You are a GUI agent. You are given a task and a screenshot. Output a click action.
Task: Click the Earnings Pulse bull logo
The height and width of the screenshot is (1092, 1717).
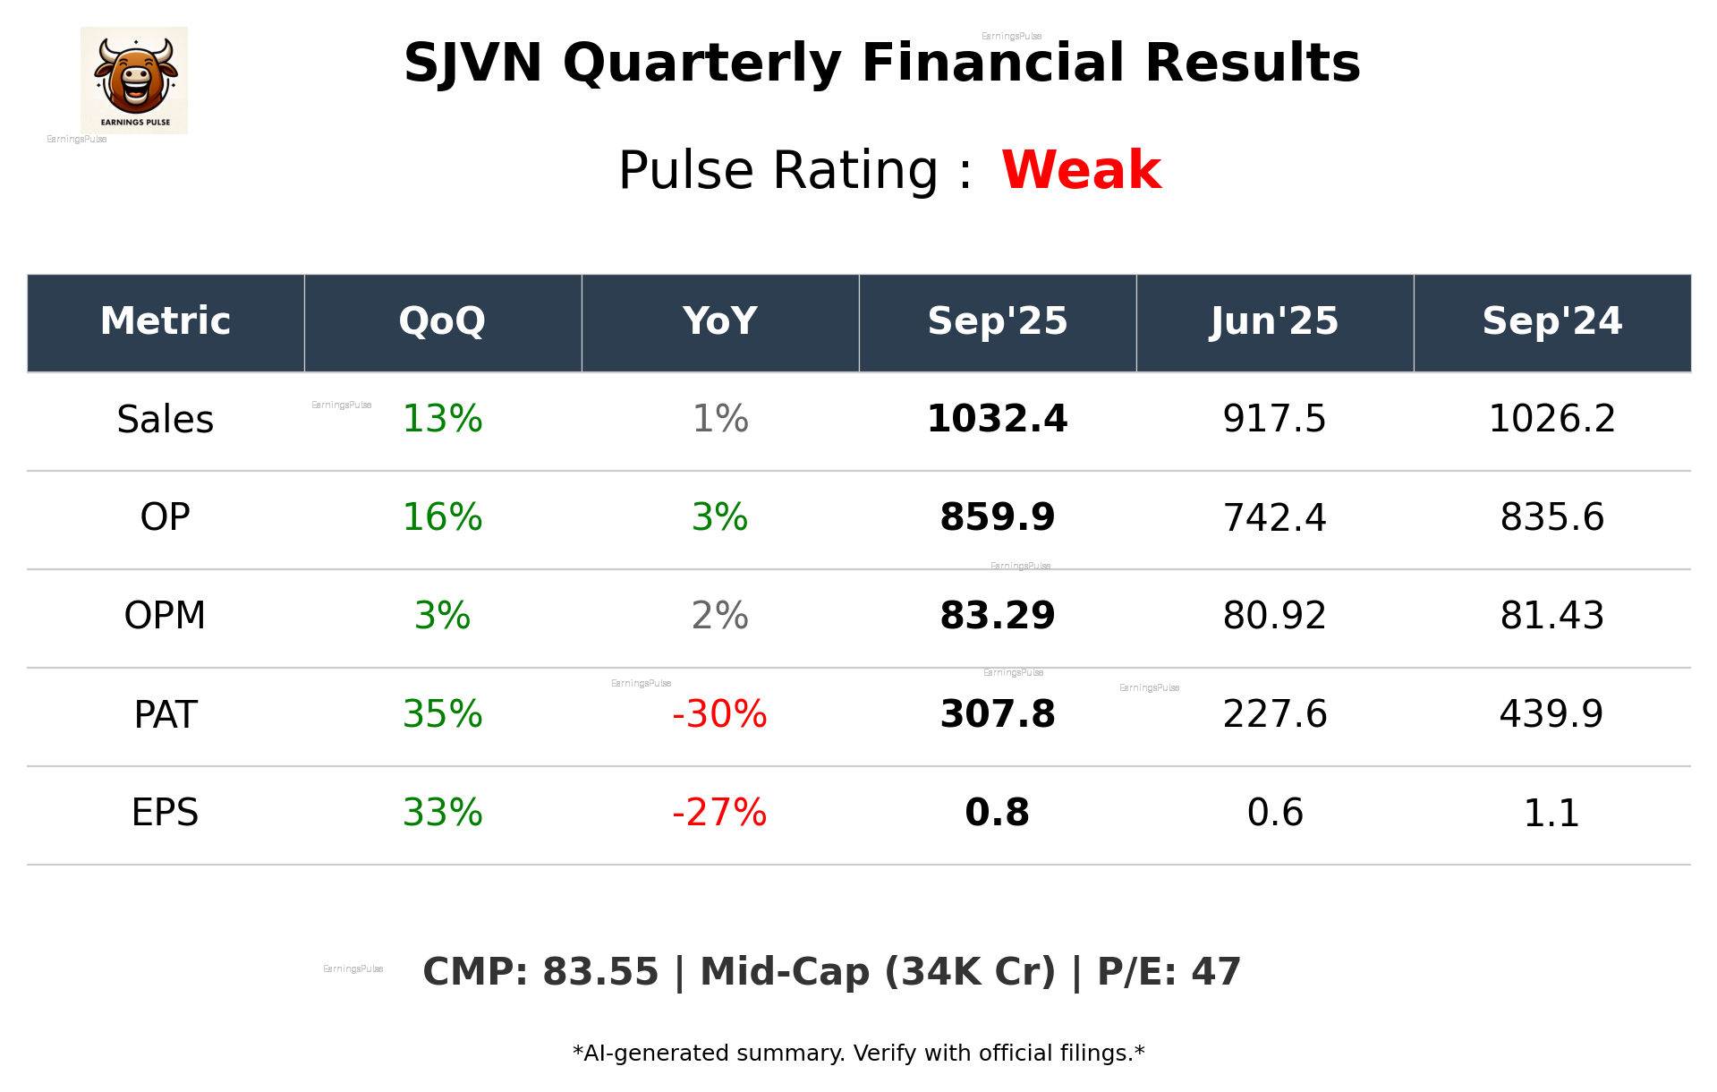click(134, 80)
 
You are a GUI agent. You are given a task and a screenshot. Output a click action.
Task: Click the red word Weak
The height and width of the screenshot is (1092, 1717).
click(1081, 170)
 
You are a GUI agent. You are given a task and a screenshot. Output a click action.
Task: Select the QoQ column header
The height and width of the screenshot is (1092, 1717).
click(442, 321)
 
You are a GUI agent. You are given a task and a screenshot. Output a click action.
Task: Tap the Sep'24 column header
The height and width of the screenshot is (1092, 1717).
click(1551, 321)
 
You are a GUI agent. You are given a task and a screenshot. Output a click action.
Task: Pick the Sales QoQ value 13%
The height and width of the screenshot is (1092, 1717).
click(442, 419)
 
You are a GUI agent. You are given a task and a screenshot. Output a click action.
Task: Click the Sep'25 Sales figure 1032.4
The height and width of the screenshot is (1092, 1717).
click(997, 419)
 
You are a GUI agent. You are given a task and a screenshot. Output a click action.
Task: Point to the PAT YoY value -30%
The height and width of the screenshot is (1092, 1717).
click(719, 714)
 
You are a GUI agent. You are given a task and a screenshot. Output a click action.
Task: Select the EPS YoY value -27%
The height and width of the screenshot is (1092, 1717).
click(719, 813)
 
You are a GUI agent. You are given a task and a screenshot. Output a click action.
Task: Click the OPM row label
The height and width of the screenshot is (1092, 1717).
click(165, 616)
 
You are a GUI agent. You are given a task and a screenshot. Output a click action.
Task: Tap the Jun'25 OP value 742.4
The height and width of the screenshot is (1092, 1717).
click(1274, 517)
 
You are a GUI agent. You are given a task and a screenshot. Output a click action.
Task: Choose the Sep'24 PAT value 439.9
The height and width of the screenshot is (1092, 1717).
click(1551, 714)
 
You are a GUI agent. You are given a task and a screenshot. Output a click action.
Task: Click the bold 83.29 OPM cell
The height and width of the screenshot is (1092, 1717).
click(997, 616)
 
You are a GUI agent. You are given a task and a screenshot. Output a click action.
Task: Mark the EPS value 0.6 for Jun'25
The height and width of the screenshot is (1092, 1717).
click(1274, 813)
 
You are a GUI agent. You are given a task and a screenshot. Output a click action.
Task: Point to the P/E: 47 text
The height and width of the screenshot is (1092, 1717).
click(1169, 972)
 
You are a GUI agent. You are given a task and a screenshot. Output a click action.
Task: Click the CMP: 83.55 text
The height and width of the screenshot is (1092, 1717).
click(540, 972)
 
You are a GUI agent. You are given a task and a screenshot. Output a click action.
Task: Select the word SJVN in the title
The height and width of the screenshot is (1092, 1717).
click(472, 64)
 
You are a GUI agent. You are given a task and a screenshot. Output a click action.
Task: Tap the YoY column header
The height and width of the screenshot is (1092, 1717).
click(719, 321)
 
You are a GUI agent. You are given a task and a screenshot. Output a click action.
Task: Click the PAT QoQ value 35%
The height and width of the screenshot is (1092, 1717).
click(442, 714)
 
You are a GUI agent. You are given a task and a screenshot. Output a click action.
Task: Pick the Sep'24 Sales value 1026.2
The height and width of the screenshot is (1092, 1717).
click(1551, 419)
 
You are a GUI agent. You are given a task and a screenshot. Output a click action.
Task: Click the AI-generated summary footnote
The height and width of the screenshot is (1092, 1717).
click(858, 1054)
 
